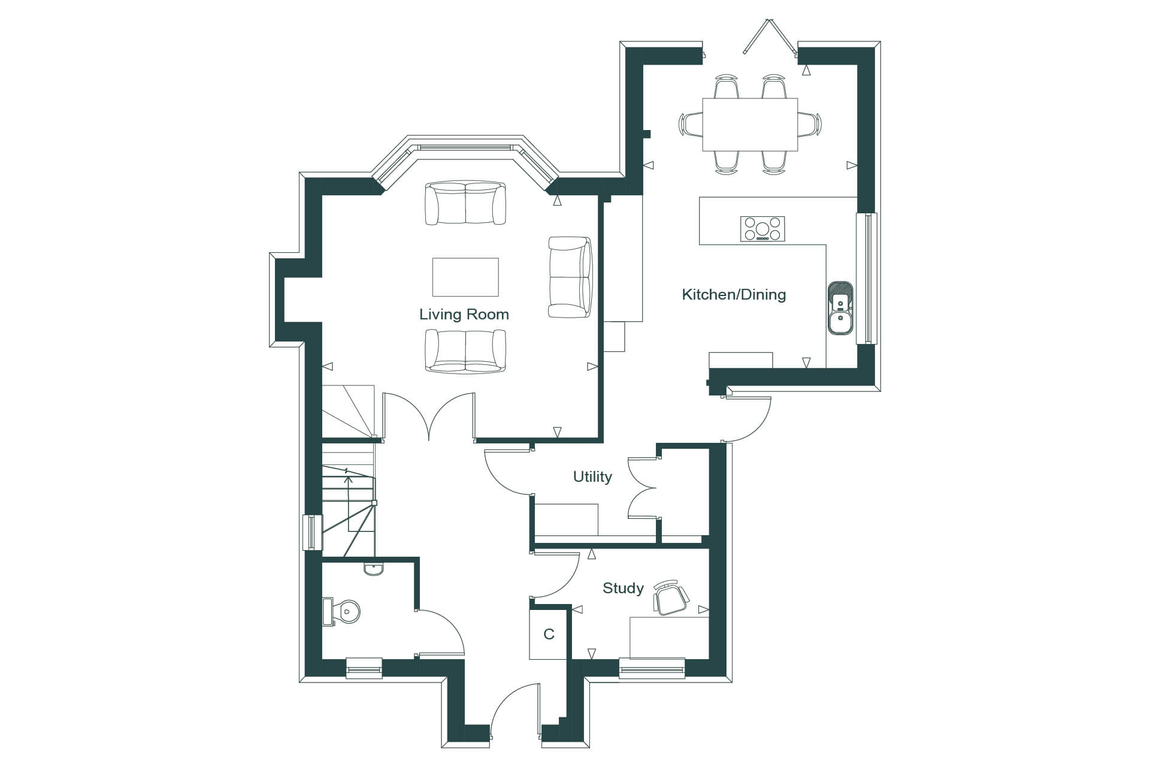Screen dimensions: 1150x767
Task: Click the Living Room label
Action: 464,315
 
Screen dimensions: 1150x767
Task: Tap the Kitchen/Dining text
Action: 734,295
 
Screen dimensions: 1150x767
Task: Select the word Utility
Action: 592,477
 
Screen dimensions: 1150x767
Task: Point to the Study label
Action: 623,588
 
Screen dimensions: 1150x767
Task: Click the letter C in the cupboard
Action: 549,634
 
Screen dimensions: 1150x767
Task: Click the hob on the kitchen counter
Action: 762,229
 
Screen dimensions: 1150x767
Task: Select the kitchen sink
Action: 841,307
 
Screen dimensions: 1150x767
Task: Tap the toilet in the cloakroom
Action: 341,611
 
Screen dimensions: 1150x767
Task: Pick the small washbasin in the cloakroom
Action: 374,568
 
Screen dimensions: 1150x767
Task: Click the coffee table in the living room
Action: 465,277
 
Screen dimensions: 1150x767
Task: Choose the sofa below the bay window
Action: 465,204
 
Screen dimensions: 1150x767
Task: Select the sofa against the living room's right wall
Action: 570,277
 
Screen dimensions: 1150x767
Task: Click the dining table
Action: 750,125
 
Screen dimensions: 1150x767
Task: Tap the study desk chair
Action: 671,597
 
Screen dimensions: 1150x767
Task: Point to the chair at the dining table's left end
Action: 691,125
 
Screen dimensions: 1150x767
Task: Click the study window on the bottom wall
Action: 652,668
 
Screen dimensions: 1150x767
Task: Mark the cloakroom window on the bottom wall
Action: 364,668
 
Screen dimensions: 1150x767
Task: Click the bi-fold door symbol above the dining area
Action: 770,37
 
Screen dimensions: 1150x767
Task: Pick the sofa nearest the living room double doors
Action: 465,351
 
